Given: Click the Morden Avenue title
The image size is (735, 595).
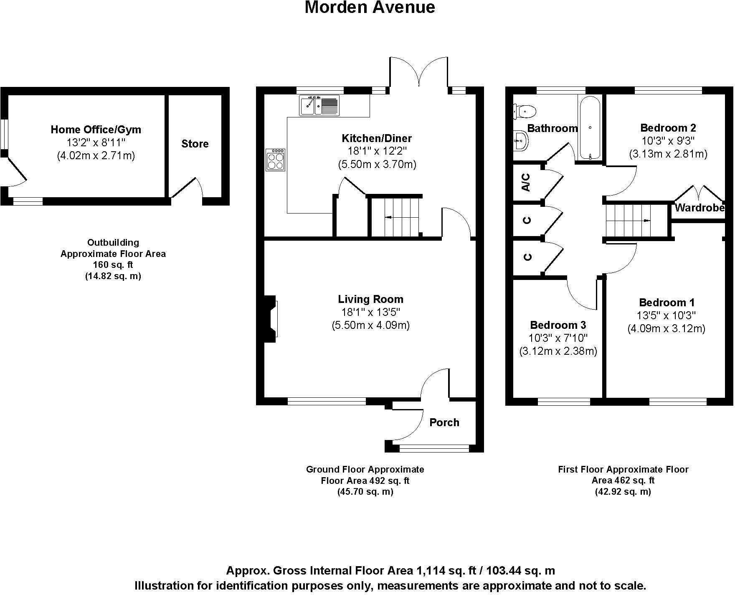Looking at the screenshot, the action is [370, 8].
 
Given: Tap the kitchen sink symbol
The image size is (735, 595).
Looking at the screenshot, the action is [319, 105].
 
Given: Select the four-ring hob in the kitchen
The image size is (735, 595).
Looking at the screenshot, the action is [276, 160].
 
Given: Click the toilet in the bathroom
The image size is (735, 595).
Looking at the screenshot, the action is [525, 111].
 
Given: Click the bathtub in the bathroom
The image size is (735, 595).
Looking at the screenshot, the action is [590, 127].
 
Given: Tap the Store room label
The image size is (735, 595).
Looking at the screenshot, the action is [195, 144].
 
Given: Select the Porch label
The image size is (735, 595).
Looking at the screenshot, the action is [444, 422].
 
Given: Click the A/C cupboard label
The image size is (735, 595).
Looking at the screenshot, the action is [527, 183].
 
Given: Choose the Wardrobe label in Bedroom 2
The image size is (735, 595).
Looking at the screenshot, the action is [700, 208].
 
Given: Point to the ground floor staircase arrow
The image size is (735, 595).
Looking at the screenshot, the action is [389, 217].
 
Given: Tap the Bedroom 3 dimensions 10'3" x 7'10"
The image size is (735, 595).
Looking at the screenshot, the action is [558, 338].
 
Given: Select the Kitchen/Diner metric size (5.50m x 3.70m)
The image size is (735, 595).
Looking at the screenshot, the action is [377, 164].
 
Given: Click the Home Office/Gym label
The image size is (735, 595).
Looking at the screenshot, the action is [96, 130].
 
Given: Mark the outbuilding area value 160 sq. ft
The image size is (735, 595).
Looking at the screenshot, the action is [113, 265].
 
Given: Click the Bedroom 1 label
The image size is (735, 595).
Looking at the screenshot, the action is [666, 303].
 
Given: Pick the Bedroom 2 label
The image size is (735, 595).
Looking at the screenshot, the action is [668, 128].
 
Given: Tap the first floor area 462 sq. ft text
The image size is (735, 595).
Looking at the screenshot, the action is [623, 481].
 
